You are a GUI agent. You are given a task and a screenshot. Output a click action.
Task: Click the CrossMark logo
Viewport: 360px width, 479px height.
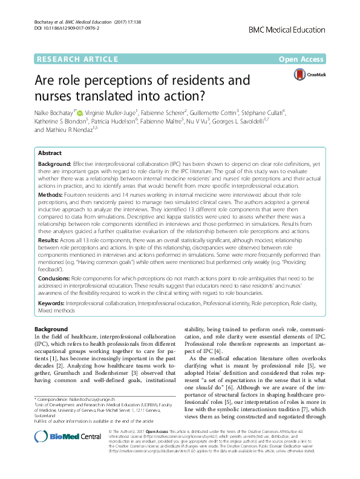click(x=309, y=74)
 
